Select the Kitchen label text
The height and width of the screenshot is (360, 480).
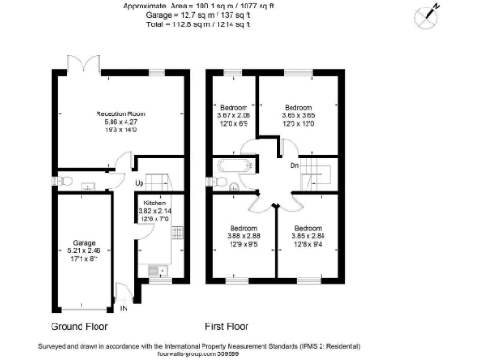(154, 202)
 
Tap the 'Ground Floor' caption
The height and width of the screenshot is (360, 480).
(78, 327)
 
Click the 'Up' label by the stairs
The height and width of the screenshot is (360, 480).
(140, 183)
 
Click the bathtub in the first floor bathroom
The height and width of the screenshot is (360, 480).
(231, 167)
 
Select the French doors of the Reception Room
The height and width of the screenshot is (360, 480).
(83, 66)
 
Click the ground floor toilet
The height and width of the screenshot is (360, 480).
(66, 181)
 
